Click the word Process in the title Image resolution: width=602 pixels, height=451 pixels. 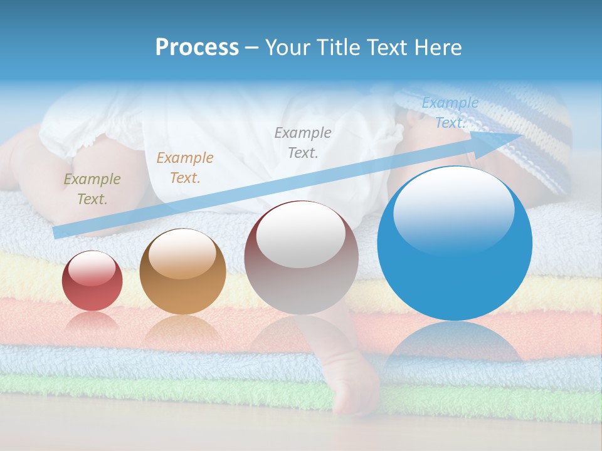click(197, 48)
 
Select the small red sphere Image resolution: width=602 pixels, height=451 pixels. click(92, 281)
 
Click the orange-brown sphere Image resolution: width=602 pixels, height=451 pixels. click(182, 271)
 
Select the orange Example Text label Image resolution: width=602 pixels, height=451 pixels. click(184, 168)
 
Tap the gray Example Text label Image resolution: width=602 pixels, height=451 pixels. click(303, 143)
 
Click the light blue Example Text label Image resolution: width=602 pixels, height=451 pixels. click(450, 113)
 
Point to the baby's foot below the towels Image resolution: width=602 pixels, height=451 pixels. click(354, 395)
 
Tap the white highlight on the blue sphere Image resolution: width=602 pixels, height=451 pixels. click(453, 210)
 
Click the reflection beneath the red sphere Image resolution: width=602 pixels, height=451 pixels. click(92, 323)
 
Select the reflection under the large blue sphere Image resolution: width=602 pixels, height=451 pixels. click(455, 345)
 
